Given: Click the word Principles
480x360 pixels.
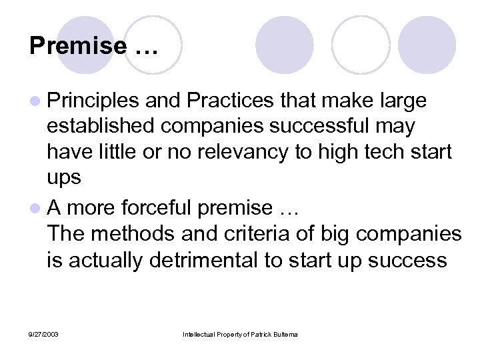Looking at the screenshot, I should coord(93,101).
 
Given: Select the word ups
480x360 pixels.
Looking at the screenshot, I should coord(63,177).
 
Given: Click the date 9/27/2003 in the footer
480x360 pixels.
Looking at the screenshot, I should coord(43,333).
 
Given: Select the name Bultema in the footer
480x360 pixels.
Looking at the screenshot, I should coord(283,333).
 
